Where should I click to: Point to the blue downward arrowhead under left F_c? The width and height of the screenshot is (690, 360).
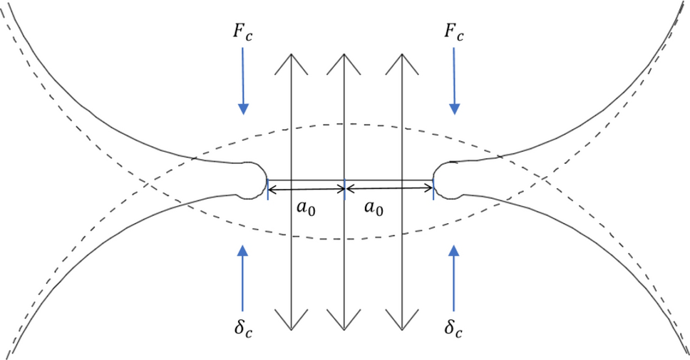click(x=244, y=108)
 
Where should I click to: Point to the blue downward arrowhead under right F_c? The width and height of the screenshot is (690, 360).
click(x=454, y=108)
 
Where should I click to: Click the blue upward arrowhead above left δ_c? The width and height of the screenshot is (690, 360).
click(x=244, y=250)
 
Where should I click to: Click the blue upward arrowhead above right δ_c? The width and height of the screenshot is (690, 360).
click(x=454, y=250)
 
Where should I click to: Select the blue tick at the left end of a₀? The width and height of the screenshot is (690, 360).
click(x=267, y=190)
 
